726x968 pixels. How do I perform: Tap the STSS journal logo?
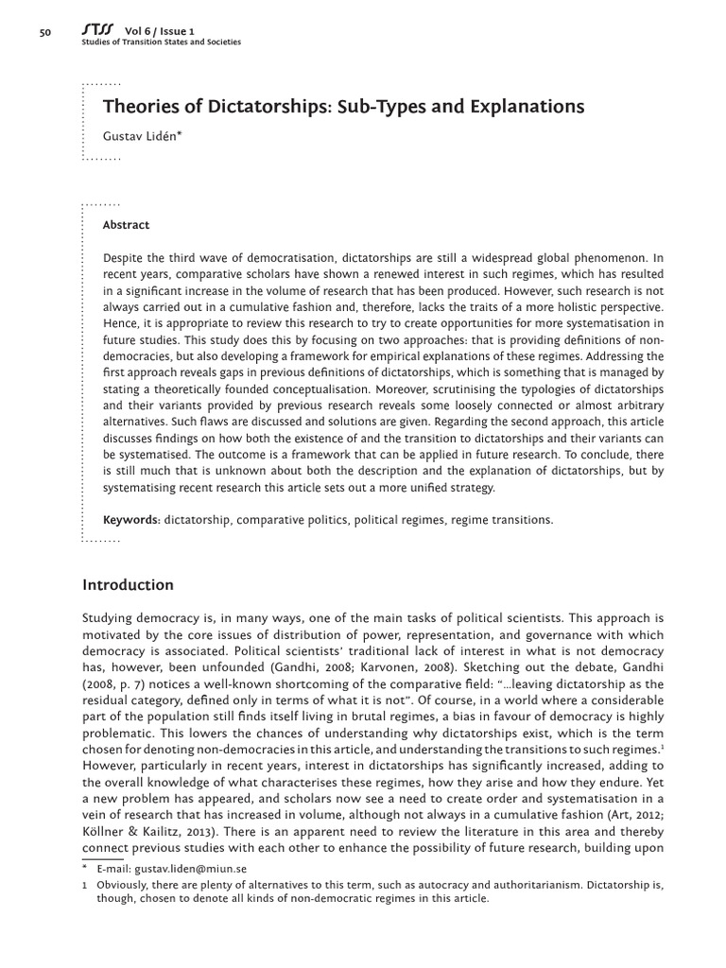pos(96,30)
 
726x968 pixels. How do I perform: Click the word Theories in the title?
pos(138,107)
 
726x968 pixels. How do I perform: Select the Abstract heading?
pos(126,225)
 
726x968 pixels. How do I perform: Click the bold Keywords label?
pos(131,520)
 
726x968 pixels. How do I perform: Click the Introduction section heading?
pos(128,585)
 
